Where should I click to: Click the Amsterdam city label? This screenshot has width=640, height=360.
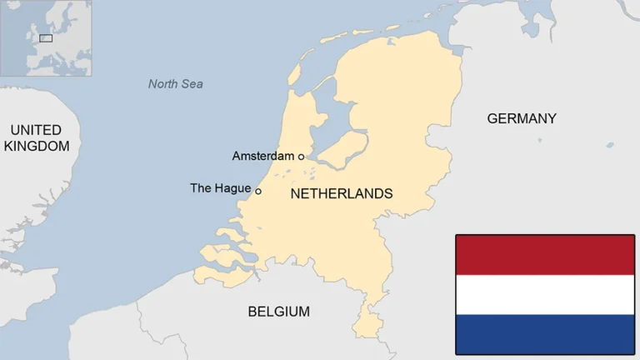tap(262, 156)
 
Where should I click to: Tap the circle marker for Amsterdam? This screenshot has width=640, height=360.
tap(301, 156)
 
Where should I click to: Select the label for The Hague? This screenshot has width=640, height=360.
tap(220, 188)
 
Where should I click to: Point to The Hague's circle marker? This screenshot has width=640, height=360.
tap(258, 191)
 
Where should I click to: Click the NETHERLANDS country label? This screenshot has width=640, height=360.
tap(341, 193)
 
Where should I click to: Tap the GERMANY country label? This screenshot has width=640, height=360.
tap(522, 118)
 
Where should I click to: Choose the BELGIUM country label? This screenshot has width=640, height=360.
tap(278, 312)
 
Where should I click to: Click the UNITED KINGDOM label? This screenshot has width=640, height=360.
tap(36, 137)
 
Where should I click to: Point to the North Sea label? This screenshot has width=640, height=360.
tap(175, 83)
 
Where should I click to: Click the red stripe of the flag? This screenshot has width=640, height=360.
tap(545, 255)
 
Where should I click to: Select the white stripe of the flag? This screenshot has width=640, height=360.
tap(545, 294)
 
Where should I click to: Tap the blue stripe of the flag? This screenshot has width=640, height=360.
tap(545, 334)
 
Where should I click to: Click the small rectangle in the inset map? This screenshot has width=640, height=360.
tap(46, 37)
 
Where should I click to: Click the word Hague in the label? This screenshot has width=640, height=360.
tap(232, 188)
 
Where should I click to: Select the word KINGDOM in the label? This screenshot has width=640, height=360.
tap(36, 146)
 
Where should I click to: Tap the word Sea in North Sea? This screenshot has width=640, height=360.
tap(192, 83)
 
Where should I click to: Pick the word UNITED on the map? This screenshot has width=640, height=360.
tap(36, 130)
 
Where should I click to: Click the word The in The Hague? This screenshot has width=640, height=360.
tap(201, 188)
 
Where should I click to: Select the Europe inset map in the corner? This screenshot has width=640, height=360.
tap(46, 37)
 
